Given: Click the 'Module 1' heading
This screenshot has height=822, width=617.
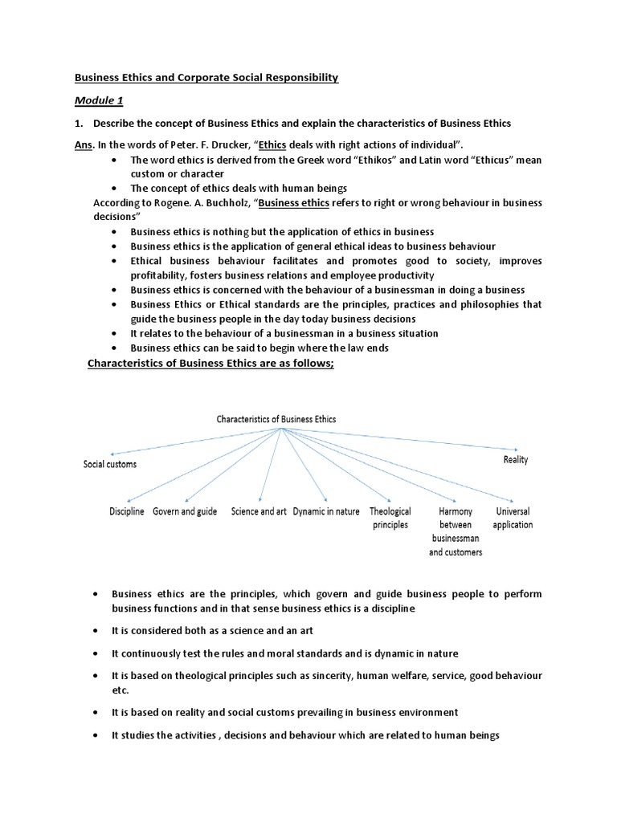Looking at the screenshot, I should coord(100,101).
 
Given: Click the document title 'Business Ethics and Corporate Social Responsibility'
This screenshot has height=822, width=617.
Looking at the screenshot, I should coord(206,77).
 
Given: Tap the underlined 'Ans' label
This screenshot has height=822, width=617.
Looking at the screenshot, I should coord(84,144).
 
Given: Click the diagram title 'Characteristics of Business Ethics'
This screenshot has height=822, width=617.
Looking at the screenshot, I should coord(276,419).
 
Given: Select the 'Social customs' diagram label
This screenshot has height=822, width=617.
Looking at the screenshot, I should coord(110,464).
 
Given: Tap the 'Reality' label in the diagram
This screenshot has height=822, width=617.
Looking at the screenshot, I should coord(516,460).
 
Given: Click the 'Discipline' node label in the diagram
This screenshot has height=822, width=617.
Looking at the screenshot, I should coord(126,511).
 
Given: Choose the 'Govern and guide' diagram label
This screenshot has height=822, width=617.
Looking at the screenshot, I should coord(185,511).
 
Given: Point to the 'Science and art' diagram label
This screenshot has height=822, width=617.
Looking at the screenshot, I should coord(259,511).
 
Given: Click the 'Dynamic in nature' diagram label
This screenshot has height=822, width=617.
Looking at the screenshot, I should coord(326,511).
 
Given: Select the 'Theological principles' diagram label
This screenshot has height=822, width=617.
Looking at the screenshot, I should coord(390,518).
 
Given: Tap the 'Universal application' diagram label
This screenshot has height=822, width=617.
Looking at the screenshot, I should coord(513,518).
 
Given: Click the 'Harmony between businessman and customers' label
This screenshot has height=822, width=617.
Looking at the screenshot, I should coord(456,531).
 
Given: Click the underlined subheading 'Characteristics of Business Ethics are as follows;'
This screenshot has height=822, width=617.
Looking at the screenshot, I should coord(210,364).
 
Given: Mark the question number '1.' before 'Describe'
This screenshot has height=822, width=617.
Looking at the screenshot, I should coord(79,123).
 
